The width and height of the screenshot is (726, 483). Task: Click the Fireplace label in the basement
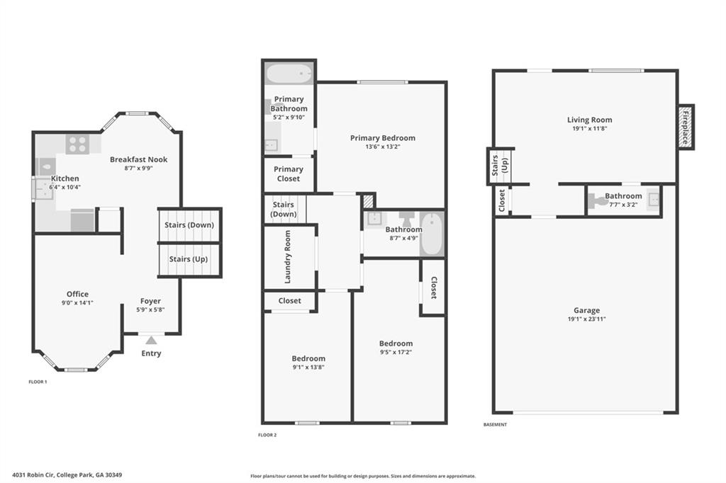[x=686, y=127]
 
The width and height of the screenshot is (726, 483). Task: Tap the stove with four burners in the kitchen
[x=77, y=144]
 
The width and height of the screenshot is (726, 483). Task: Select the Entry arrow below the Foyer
[x=151, y=341]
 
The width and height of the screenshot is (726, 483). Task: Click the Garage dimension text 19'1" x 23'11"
[x=586, y=319]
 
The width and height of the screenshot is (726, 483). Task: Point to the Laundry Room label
[x=288, y=256]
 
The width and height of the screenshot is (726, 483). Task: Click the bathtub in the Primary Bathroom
[x=289, y=74]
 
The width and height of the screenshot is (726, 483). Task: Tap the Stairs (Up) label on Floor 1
[x=189, y=259]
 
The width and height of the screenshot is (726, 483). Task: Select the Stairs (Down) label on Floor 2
[x=284, y=209]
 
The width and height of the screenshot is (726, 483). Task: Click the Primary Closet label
[x=288, y=174]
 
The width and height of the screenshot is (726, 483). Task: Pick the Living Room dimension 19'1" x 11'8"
[x=589, y=129]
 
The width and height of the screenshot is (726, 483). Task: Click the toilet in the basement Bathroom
[x=600, y=201]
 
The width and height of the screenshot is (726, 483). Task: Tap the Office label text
[x=78, y=294]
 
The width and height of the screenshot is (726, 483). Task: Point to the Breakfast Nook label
[x=138, y=159]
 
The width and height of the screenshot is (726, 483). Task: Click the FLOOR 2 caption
[x=267, y=435]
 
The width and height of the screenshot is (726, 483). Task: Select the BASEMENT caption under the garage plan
[x=495, y=424]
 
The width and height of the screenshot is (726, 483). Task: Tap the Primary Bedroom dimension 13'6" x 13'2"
[x=382, y=147]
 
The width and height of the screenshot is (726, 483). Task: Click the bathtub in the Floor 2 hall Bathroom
[x=431, y=234]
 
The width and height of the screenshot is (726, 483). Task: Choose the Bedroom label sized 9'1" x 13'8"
[x=308, y=358]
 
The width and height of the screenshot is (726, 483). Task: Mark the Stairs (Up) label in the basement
[x=499, y=166]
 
